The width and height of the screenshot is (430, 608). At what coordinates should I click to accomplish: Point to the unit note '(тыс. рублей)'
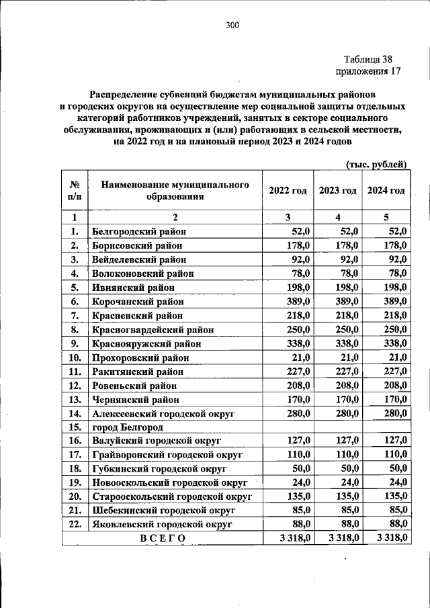(376, 164)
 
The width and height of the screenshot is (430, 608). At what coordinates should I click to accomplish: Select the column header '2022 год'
(288, 191)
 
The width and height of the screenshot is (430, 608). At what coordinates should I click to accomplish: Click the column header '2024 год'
(386, 191)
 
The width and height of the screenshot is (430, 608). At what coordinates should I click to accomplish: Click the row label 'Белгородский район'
(139, 231)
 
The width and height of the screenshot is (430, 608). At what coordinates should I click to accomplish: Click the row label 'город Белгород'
(128, 427)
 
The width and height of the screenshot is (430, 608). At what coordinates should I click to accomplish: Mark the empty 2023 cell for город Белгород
(338, 427)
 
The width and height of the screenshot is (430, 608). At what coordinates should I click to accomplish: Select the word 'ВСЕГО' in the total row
(162, 538)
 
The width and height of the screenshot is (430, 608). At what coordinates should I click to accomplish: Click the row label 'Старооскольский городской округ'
(172, 496)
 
